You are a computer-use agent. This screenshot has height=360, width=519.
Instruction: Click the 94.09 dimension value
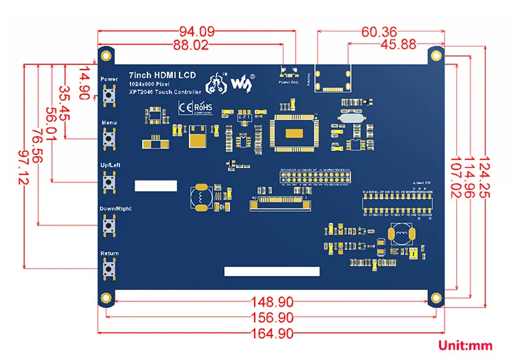click(197, 31)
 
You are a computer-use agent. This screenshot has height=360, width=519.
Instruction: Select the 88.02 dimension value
click(191, 45)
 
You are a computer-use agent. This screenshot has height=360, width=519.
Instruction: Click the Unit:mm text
click(462, 346)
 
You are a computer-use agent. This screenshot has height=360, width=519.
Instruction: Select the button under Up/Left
click(108, 182)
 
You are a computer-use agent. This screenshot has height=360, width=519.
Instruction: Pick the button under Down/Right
click(108, 226)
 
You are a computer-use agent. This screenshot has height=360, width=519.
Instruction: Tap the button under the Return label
click(108, 271)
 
